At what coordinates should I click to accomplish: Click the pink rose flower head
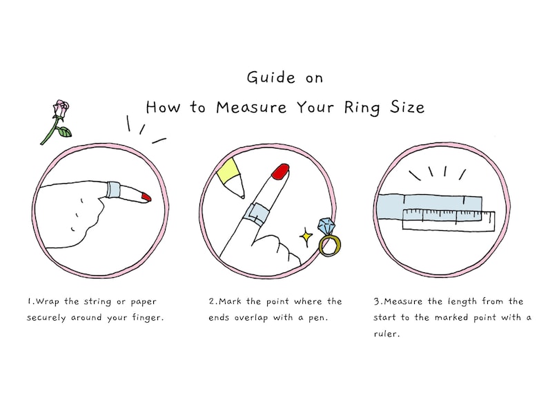(x=60, y=109)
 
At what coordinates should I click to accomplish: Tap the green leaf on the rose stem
(x=63, y=132)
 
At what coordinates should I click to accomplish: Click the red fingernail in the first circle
(x=146, y=198)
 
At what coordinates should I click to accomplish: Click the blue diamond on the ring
(x=325, y=227)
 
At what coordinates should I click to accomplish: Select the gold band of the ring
(x=330, y=245)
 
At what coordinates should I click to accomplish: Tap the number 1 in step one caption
(x=29, y=302)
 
